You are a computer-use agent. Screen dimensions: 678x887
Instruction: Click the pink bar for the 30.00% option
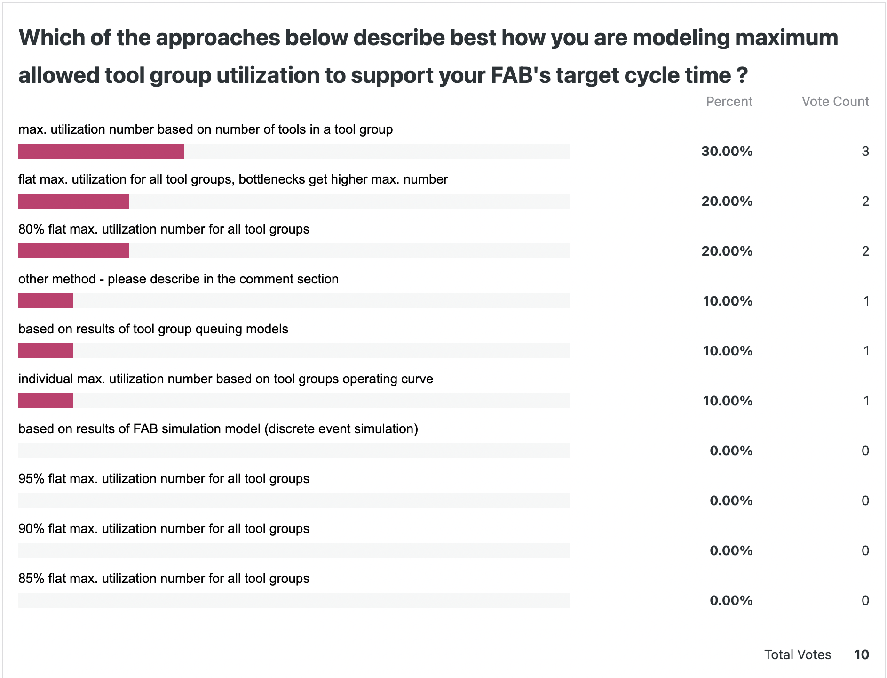101,151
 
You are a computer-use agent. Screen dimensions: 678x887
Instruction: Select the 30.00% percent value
727,151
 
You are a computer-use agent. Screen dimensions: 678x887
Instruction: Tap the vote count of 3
865,151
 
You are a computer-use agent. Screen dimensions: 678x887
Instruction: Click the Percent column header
729,101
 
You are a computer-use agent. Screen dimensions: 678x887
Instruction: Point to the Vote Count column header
835,101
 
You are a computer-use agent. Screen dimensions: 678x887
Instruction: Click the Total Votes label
797,654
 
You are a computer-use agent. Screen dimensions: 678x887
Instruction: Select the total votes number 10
861,654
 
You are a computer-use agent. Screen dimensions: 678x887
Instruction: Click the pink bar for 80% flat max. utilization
73,251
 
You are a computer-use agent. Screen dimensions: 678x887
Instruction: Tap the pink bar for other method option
46,301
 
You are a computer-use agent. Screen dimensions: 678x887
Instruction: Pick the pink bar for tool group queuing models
46,351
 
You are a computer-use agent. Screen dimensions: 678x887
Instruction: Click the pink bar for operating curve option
46,401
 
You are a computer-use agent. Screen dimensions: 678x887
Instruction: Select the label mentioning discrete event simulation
218,429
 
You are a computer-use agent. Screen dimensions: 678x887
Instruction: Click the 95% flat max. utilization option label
164,479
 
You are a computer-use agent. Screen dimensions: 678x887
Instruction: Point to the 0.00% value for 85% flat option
731,600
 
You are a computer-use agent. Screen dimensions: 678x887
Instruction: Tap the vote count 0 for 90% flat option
865,550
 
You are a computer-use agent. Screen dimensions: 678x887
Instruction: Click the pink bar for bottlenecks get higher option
73,201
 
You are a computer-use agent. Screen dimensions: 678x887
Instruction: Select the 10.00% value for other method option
727,301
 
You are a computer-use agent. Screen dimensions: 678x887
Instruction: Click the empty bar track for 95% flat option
294,500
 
